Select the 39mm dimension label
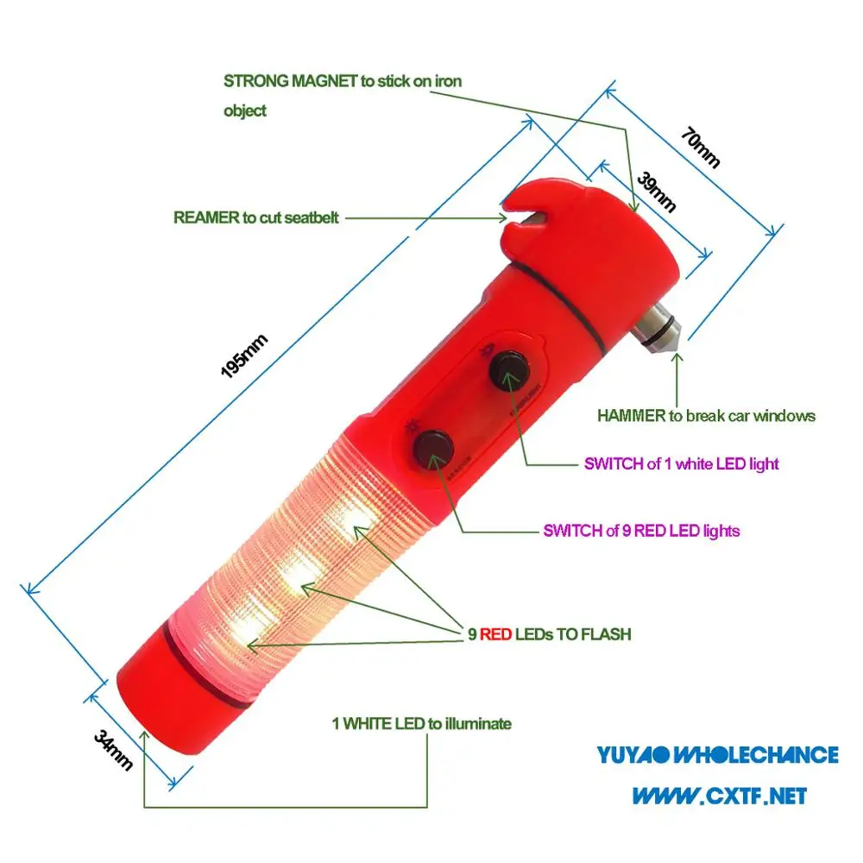point(656,192)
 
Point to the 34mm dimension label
point(113,748)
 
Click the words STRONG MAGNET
point(291,81)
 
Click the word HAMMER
point(630,415)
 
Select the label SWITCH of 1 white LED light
point(681,463)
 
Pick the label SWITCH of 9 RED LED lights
point(641,531)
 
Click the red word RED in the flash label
point(496,634)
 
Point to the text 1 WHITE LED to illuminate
point(421,723)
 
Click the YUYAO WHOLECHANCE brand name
point(717,755)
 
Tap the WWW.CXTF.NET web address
point(719,794)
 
